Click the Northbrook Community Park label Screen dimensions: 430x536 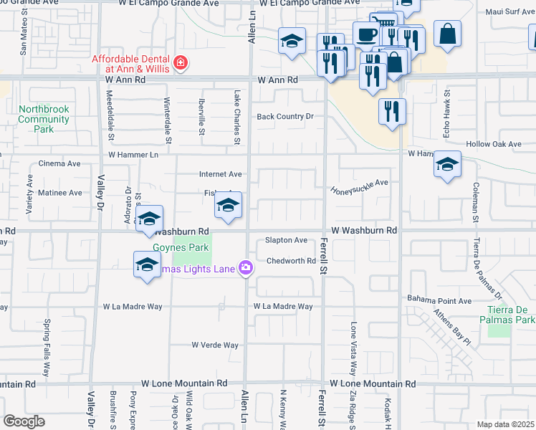coord(44,119)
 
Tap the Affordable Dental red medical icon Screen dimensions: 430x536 coord(181,63)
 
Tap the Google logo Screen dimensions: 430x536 coord(24,421)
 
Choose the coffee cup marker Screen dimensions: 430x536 coord(366,35)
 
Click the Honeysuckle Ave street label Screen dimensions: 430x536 coord(359,187)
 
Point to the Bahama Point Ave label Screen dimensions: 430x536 coord(439,300)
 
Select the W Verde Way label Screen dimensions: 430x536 coord(215,345)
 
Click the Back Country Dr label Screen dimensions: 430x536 coord(286,116)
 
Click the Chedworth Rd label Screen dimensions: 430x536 coord(291,261)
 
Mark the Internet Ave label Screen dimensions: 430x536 coord(220,174)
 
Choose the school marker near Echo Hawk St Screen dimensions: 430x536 coord(447,166)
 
